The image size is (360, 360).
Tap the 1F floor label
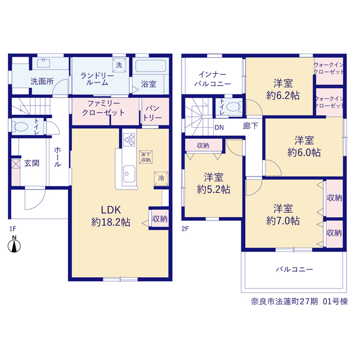tap(12, 229)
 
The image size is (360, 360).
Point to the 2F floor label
tap(185, 229)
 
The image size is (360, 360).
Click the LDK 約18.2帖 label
tap(111, 216)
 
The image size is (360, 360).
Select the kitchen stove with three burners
tap(129, 139)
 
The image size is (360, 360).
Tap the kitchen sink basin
tap(129, 174)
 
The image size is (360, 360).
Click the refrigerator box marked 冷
tap(161, 178)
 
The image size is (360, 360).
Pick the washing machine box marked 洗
tap(119, 65)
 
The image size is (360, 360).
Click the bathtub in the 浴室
tap(151, 66)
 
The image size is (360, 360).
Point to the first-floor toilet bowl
tap(21, 127)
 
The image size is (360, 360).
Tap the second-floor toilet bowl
tap(233, 107)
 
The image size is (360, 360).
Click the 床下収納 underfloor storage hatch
tap(146, 157)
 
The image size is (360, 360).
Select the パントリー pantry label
tap(152, 113)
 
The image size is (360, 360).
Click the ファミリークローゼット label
tap(103, 108)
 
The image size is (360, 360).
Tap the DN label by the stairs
tap(219, 128)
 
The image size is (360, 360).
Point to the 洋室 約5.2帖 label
tap(214, 183)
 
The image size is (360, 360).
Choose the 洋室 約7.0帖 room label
tap(283, 214)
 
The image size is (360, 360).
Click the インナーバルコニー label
tap(213, 79)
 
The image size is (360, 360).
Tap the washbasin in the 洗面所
tap(43, 62)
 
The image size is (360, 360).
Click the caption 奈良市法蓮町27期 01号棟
tap(299, 301)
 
